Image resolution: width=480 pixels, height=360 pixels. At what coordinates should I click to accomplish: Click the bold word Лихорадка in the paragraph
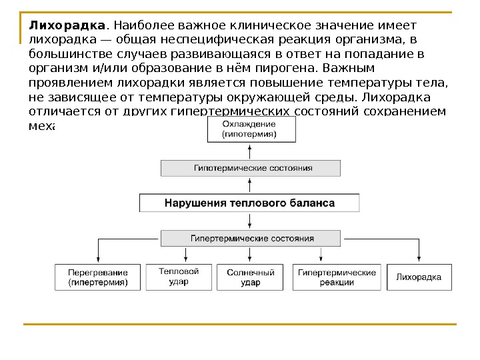click(67, 25)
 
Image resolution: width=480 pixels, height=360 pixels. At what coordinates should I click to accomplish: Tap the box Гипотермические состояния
click(249, 168)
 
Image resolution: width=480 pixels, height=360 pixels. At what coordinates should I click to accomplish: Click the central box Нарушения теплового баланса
click(249, 203)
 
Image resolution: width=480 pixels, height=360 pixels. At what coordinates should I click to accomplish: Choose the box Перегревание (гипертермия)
click(98, 277)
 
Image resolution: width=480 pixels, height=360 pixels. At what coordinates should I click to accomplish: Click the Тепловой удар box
click(179, 277)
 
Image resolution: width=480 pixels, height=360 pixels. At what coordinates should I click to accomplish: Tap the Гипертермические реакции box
click(337, 277)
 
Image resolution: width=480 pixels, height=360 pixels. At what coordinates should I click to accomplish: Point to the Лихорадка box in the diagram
click(419, 277)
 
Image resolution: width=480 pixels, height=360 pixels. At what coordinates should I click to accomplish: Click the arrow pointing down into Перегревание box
click(99, 257)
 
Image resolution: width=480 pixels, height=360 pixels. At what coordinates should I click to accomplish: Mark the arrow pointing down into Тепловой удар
click(185, 257)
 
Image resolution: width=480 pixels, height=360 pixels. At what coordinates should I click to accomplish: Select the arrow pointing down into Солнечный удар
click(251, 257)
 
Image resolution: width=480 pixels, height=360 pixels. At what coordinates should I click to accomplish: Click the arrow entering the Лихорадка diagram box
click(419, 257)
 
